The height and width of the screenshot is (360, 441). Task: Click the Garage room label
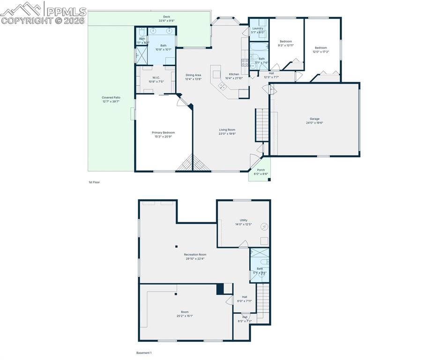(x=314, y=120)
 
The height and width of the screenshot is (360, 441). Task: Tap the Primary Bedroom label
(x=163, y=135)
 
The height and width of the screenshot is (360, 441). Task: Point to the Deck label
(x=166, y=19)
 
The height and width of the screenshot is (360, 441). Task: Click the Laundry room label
(x=257, y=30)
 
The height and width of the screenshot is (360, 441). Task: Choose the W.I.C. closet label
(x=156, y=79)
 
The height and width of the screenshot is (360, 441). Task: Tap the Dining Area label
(x=193, y=77)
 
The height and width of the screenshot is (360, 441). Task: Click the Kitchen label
(x=234, y=76)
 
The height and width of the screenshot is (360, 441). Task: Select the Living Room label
(x=227, y=131)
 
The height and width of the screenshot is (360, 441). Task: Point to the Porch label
(x=261, y=172)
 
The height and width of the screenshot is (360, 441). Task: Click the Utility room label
(x=243, y=222)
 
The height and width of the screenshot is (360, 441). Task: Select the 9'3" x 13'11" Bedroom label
(x=286, y=43)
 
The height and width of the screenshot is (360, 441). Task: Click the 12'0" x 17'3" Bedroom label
(x=321, y=49)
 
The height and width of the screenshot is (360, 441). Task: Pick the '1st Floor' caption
(x=94, y=182)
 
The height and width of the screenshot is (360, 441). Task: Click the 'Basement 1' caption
(x=144, y=352)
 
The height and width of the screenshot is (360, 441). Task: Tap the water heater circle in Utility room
(x=264, y=227)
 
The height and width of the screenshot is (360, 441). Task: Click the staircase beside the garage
(x=262, y=125)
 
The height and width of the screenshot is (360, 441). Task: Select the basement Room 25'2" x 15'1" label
(x=185, y=314)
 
